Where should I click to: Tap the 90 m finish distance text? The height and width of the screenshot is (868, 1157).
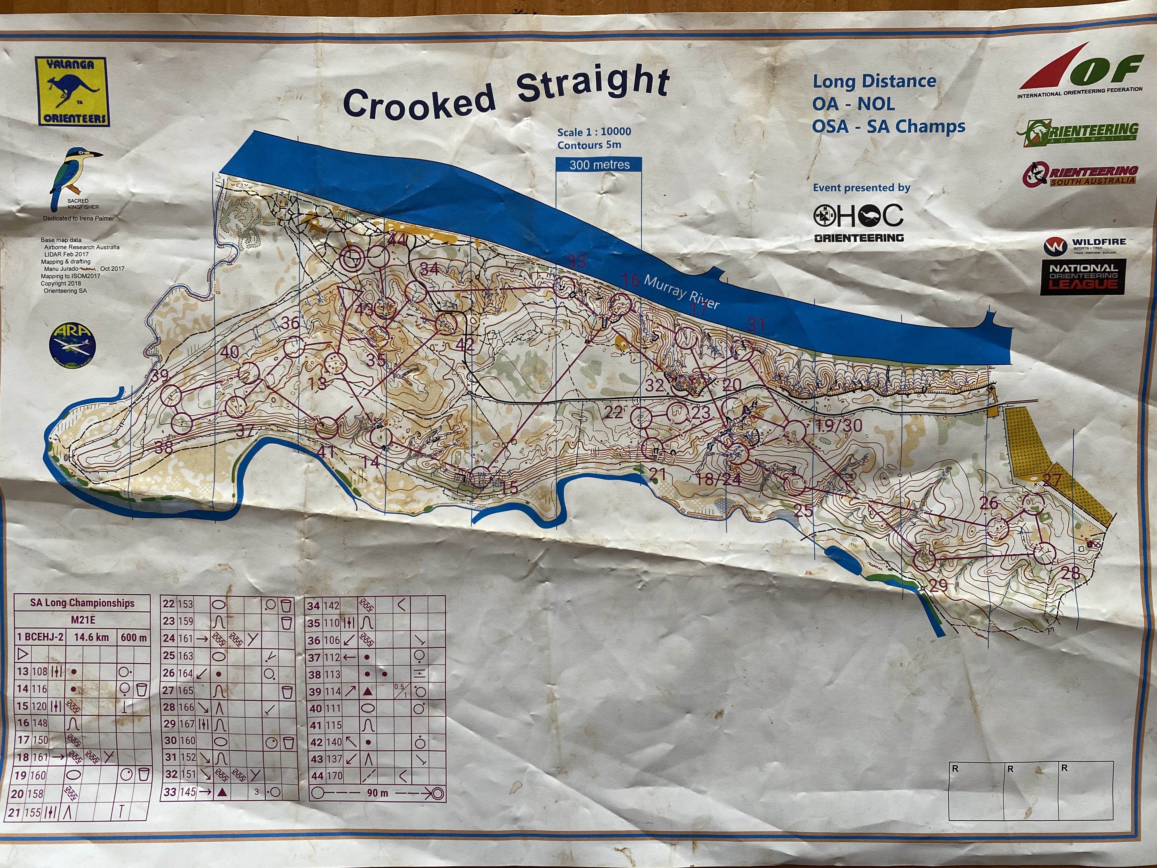tap(377, 793)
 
